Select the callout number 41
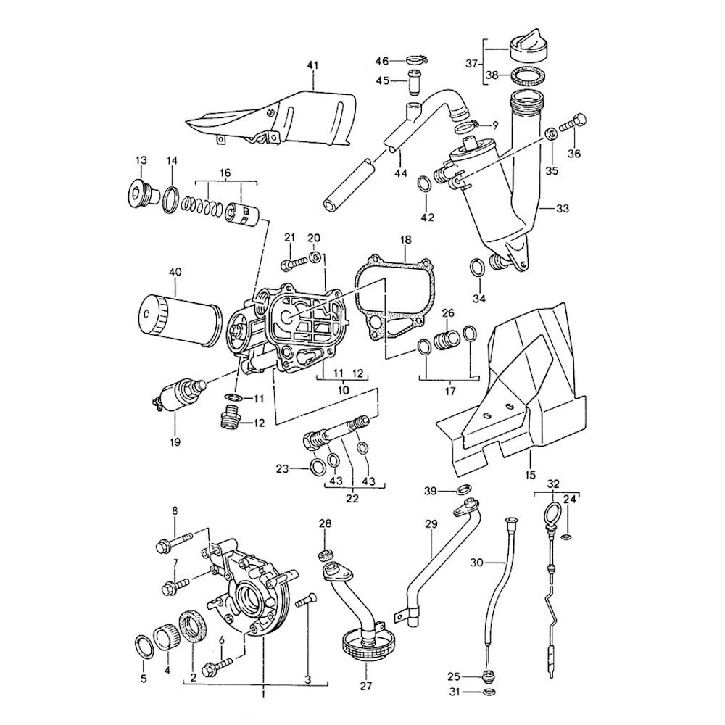pyautogui.click(x=312, y=66)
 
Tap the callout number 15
pyautogui.click(x=530, y=475)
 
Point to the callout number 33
pyautogui.click(x=563, y=208)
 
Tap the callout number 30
pyautogui.click(x=476, y=562)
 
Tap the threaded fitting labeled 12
pyautogui.click(x=230, y=418)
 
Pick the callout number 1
pyautogui.click(x=263, y=694)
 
